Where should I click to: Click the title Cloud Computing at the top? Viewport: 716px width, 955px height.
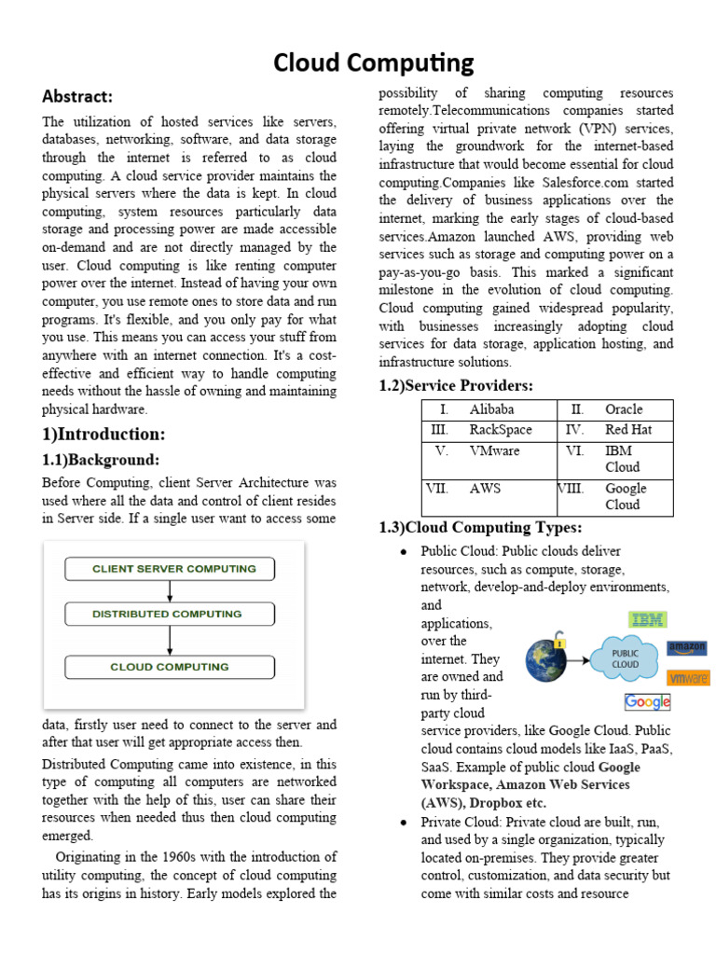point(373,62)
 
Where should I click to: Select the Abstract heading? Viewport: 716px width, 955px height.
point(76,96)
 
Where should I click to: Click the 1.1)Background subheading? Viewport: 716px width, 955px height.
point(101,460)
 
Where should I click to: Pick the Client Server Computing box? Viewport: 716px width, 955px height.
point(170,569)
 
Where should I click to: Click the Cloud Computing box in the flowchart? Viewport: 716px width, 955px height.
point(170,667)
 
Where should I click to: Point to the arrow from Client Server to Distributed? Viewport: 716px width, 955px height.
point(170,591)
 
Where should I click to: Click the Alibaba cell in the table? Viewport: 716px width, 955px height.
point(491,409)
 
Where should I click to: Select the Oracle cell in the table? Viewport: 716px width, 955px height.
point(624,409)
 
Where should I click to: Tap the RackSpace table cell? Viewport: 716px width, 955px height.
point(501,430)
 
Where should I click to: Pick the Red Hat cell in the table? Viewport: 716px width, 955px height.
point(628,430)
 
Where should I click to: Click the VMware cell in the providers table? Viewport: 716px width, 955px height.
point(494,450)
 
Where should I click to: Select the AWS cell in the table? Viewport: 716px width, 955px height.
point(485,488)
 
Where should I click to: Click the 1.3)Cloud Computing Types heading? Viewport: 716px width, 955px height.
point(480,528)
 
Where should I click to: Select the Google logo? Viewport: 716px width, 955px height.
point(647,701)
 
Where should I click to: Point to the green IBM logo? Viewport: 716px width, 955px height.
point(648,619)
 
